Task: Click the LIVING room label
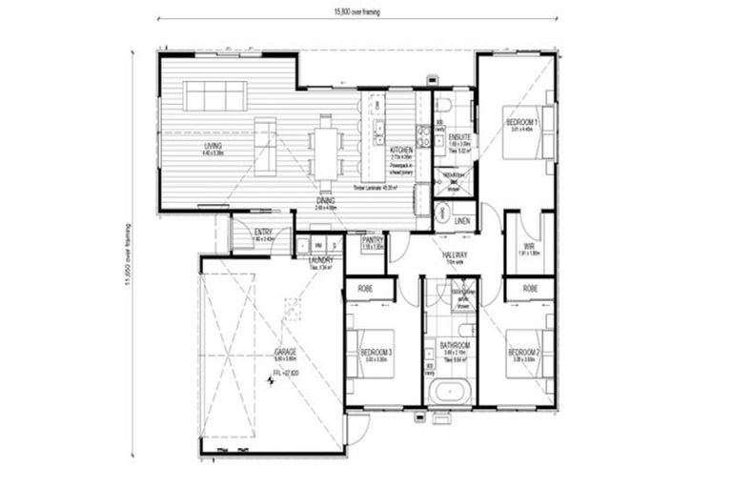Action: click(x=213, y=146)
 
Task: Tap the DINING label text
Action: click(x=327, y=199)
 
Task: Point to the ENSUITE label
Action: click(x=459, y=137)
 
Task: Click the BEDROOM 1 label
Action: click(x=521, y=122)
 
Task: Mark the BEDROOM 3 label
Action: click(x=376, y=353)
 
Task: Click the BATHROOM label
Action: click(x=452, y=345)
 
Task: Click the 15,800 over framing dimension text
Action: click(x=356, y=12)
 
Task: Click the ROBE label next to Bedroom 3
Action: click(x=365, y=287)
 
